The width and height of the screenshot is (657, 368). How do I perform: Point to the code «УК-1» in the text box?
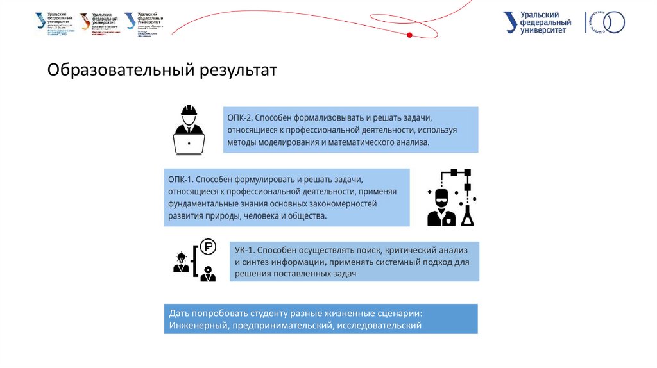tap(245, 249)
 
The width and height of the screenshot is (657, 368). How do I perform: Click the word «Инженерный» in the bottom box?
tap(196, 326)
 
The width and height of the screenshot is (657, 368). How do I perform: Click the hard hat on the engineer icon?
tap(189, 110)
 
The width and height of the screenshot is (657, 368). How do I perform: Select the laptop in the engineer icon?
tap(189, 144)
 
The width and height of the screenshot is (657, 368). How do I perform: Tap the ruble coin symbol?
tap(208, 246)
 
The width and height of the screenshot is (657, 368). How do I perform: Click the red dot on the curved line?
tap(409, 34)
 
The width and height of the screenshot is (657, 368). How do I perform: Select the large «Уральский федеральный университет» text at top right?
tap(539, 22)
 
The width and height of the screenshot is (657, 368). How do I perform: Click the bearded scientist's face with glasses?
tap(441, 198)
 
